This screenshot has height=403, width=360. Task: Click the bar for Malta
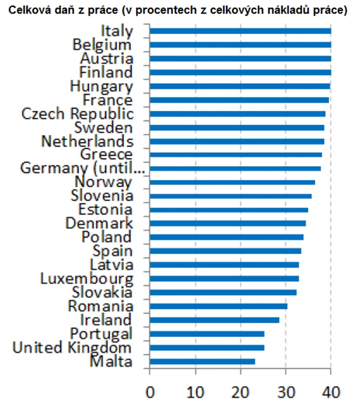pyautogui.click(x=202, y=361)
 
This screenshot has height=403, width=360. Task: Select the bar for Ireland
pyautogui.click(x=215, y=320)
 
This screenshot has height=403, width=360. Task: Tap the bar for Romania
pyautogui.click(x=219, y=306)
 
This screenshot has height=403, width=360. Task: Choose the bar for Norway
pyautogui.click(x=232, y=182)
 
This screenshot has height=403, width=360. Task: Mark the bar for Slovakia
pyautogui.click(x=223, y=292)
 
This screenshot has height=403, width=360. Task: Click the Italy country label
pyautogui.click(x=118, y=31)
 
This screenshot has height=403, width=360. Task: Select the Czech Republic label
pyautogui.click(x=78, y=114)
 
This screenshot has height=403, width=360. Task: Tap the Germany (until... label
pyautogui.click(x=83, y=168)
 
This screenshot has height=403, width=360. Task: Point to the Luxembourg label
pyautogui.click(x=87, y=278)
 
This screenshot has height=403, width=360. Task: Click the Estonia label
pyautogui.click(x=106, y=210)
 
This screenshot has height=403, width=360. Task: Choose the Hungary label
pyautogui.click(x=101, y=86)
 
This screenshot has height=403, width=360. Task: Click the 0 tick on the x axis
pyautogui.click(x=150, y=390)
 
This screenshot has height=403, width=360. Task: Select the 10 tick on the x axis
pyautogui.click(x=195, y=390)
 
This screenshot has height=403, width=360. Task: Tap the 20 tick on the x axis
pyautogui.click(x=240, y=390)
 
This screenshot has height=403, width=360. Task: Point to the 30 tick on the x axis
pyautogui.click(x=286, y=390)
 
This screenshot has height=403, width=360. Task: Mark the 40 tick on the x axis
pyautogui.click(x=331, y=390)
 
